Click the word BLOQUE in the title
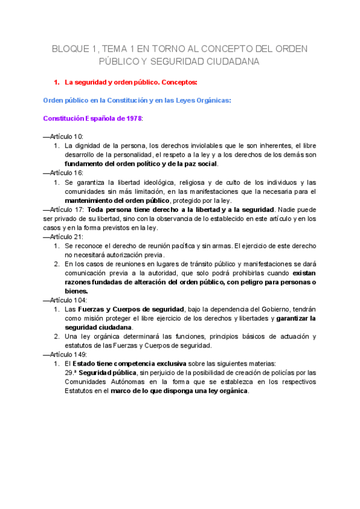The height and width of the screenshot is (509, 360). click(68, 48)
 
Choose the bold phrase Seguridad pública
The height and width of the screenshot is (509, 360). click(107, 372)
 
